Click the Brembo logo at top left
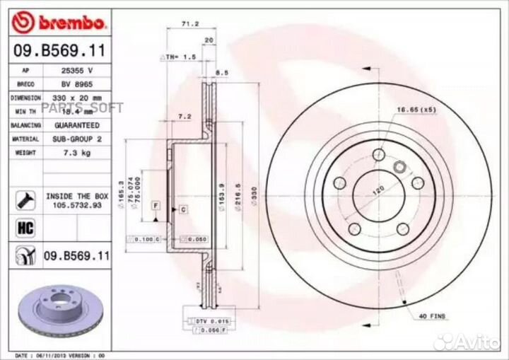click(59, 23)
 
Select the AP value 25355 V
click(77, 71)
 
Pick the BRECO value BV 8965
click(77, 84)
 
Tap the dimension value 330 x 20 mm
click(77, 98)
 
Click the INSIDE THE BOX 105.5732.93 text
click(77, 200)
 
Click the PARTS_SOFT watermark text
click(93, 108)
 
